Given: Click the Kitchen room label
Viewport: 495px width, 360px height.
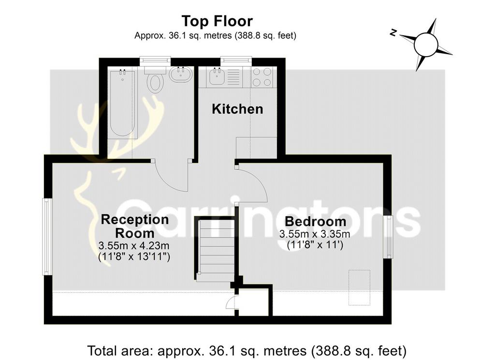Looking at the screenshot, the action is pyautogui.click(x=237, y=109).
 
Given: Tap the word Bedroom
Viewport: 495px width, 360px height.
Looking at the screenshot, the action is pyautogui.click(x=315, y=222).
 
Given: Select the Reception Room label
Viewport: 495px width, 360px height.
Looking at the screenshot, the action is pyautogui.click(x=135, y=226).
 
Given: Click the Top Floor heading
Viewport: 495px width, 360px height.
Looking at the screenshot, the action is pyautogui.click(x=217, y=21).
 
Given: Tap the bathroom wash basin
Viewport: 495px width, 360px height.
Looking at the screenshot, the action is pyautogui.click(x=181, y=75).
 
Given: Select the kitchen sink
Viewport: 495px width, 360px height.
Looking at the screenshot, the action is pyautogui.click(x=217, y=76).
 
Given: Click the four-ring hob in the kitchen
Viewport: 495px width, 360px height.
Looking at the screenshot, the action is pyautogui.click(x=262, y=77).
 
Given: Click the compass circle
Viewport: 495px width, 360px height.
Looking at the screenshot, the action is pyautogui.click(x=426, y=45).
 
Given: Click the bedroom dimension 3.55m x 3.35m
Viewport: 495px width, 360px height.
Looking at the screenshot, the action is pyautogui.click(x=315, y=234).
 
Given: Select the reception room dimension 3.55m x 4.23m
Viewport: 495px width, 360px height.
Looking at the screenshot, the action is pyautogui.click(x=134, y=246).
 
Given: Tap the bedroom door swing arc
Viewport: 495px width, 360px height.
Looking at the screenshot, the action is pyautogui.click(x=259, y=180).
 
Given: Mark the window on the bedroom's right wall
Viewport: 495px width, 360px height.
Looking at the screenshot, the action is pyautogui.click(x=388, y=237).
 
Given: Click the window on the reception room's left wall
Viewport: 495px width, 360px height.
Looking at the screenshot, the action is pyautogui.click(x=48, y=237).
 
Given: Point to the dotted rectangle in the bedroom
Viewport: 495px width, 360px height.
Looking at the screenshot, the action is pyautogui.click(x=359, y=287).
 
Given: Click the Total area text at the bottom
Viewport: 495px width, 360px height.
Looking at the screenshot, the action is pyautogui.click(x=247, y=351).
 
